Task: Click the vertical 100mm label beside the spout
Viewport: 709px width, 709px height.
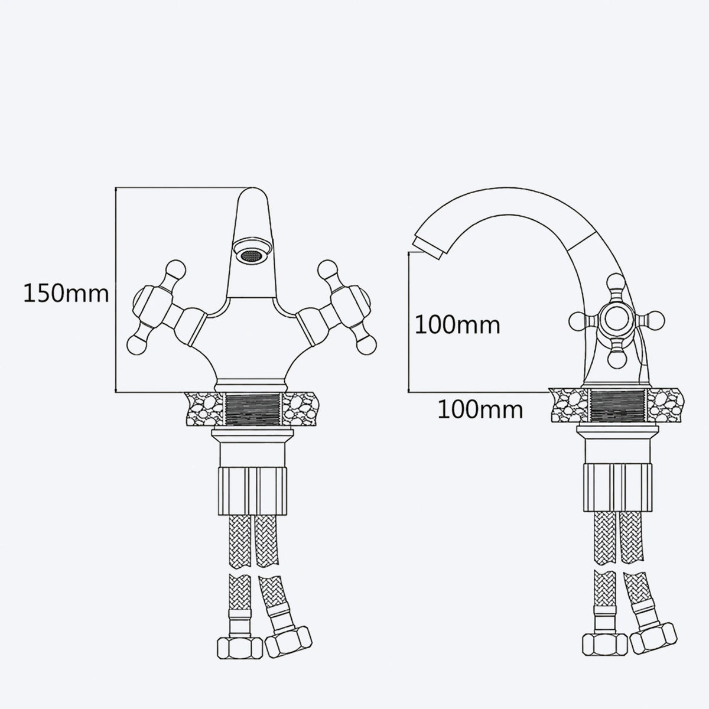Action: click(457, 325)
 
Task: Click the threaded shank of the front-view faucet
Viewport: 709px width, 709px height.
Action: click(252, 409)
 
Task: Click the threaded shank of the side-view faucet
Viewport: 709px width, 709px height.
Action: click(618, 405)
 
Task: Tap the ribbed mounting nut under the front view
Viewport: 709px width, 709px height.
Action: click(252, 491)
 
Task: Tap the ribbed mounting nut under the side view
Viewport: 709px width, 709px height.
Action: click(618, 487)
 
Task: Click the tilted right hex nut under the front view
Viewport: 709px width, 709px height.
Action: click(288, 641)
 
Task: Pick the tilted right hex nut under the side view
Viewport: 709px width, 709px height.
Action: click(653, 638)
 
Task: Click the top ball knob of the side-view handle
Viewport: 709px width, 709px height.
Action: click(616, 282)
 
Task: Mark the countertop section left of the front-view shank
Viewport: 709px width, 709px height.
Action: click(204, 409)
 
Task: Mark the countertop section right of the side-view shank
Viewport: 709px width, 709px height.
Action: click(665, 405)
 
